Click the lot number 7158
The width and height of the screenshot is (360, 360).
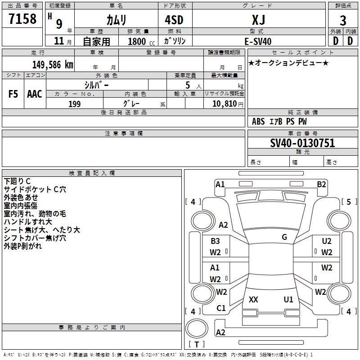click(22, 19)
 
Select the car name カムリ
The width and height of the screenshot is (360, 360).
click(116, 20)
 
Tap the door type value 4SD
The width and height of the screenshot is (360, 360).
click(175, 20)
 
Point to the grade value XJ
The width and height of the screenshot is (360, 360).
click(258, 20)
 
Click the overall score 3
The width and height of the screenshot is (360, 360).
click(343, 21)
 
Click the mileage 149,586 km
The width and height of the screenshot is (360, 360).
click(52, 64)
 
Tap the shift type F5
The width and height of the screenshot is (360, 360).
click(13, 94)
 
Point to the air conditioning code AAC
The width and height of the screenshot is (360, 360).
click(35, 94)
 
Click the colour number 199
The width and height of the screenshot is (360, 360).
click(74, 104)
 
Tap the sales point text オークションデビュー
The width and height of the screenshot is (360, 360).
click(288, 63)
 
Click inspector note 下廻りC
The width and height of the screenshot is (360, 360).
click(17, 181)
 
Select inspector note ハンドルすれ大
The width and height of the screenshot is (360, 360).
click(28, 222)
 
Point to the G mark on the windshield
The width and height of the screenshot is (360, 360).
click(284, 237)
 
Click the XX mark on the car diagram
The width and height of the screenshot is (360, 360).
click(253, 299)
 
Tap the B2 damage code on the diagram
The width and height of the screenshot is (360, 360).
click(321, 184)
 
